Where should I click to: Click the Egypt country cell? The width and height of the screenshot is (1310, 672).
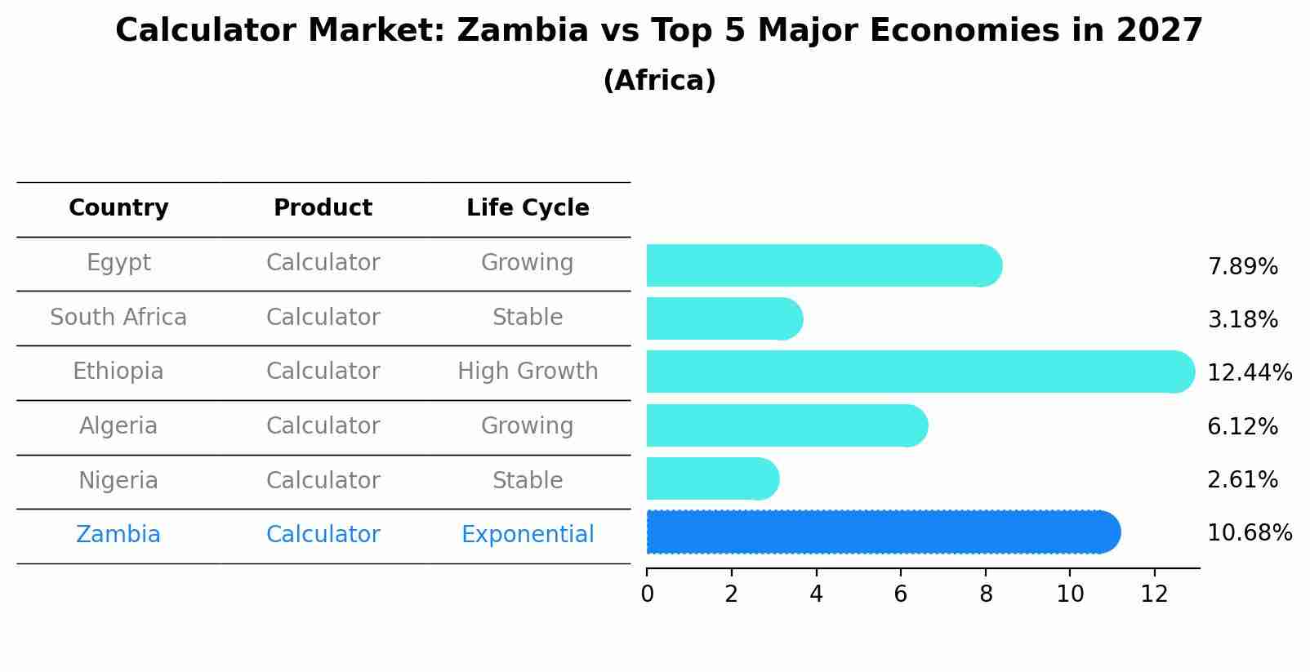(x=118, y=263)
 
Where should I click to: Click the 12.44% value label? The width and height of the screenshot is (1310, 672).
(x=1249, y=373)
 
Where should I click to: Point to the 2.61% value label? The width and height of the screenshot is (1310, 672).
(x=1241, y=480)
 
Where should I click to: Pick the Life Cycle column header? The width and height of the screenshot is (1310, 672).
(x=528, y=208)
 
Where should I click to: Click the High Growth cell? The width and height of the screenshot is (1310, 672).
(x=528, y=372)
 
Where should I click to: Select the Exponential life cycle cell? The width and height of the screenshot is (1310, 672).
(x=528, y=535)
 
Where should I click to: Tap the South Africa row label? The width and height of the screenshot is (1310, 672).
(x=118, y=318)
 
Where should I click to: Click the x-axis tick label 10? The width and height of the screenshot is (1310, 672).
(x=1070, y=594)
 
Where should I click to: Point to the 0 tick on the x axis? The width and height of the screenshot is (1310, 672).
(x=647, y=594)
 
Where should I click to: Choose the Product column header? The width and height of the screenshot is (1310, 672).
(x=323, y=208)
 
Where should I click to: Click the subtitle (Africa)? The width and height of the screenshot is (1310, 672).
(x=659, y=81)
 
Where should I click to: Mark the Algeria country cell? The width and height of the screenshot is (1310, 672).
(x=118, y=426)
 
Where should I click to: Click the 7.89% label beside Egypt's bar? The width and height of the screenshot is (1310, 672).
(x=1241, y=267)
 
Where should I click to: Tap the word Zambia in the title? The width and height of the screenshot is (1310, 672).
(x=523, y=31)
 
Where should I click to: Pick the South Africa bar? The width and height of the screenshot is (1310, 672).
(x=724, y=318)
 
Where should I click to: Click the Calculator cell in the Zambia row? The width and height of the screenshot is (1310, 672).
(x=323, y=535)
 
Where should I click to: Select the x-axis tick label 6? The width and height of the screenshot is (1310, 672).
(x=900, y=594)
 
